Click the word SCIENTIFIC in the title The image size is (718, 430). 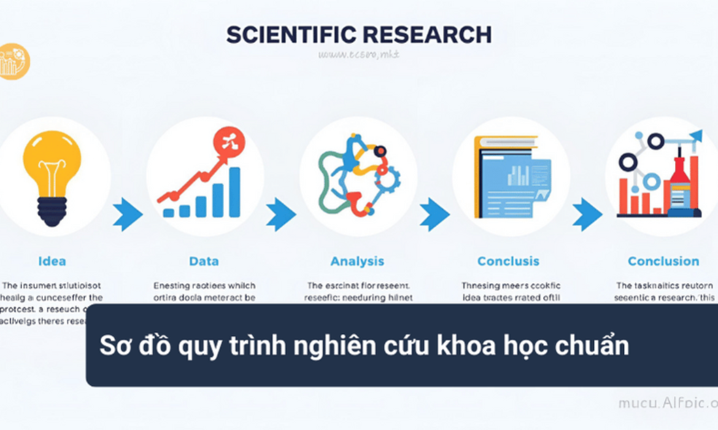[x=291, y=35]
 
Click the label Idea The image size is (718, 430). [x=52, y=261]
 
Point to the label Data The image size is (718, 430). [x=204, y=261]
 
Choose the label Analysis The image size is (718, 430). [x=357, y=261]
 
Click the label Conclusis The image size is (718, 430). [x=508, y=261]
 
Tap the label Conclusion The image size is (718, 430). [x=663, y=261]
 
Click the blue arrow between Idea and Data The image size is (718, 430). [x=128, y=214]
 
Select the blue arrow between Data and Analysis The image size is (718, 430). [x=280, y=214]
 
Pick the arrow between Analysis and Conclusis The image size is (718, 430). [x=434, y=214]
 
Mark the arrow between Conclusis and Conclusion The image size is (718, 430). [x=587, y=214]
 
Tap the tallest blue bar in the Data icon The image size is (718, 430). [x=234, y=192]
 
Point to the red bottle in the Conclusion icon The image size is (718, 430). [x=679, y=184]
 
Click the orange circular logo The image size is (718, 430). [x=14, y=61]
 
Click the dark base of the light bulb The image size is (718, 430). [x=52, y=212]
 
